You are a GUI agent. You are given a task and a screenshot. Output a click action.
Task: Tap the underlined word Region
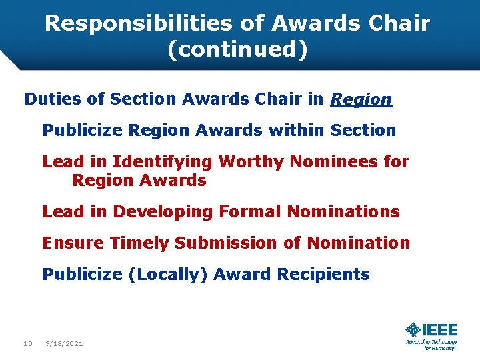coord(361,100)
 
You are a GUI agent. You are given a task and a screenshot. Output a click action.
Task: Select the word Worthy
coord(249,161)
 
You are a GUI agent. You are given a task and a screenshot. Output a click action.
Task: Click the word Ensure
coord(73,243)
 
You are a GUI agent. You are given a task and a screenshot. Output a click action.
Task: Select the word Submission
coord(227,243)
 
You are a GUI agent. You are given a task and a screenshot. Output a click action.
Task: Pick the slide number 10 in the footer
coord(27,343)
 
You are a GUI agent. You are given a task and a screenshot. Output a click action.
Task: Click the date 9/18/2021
coord(64,343)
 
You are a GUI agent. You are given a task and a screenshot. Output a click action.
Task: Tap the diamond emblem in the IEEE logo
coord(413,330)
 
